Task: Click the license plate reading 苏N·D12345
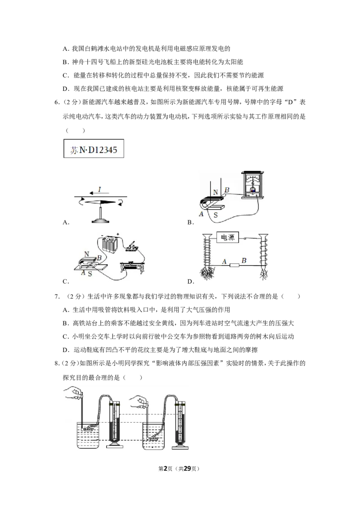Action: point(94,149)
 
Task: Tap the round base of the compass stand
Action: point(101,221)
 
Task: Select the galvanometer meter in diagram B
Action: point(252,185)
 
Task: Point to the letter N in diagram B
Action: point(216,192)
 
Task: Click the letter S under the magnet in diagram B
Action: point(216,215)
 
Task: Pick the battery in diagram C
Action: point(110,248)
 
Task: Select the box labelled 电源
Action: point(227,237)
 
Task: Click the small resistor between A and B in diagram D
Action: point(234,265)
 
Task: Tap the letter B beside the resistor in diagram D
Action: point(244,260)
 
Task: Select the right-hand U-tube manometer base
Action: point(180,446)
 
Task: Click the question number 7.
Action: point(57,296)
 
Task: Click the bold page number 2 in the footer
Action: point(166,469)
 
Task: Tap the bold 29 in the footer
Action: point(188,469)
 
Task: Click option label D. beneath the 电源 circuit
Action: point(191,281)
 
